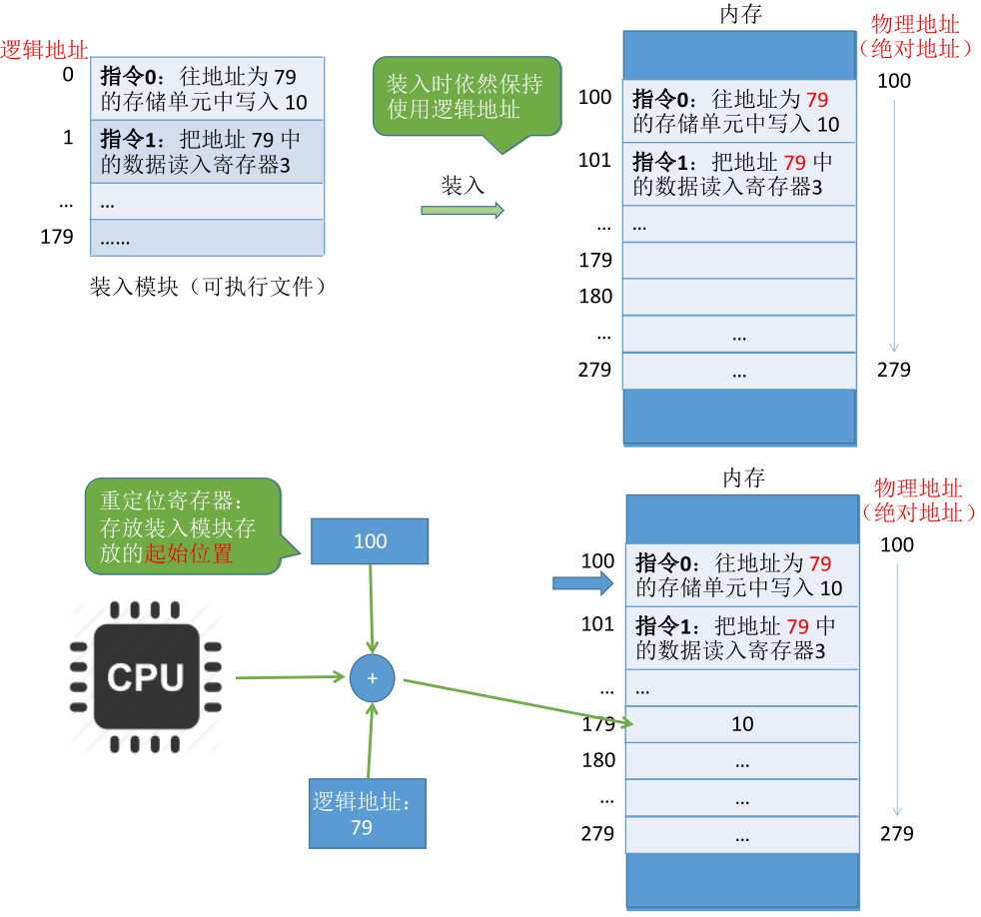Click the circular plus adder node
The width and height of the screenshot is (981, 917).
coord(373,677)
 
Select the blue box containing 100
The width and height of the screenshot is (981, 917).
coord(370,541)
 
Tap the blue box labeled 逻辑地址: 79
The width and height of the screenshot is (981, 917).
coord(367,813)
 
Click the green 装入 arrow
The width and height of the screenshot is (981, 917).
coord(462,210)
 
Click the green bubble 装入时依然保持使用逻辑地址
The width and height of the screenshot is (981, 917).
coord(466,96)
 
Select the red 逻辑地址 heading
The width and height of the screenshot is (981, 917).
coord(45,48)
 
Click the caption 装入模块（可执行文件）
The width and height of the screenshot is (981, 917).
coord(209,288)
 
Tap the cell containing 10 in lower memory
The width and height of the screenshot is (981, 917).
coord(741,724)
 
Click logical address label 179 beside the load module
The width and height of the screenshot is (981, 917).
coord(57,237)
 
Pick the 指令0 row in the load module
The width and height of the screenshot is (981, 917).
coord(207,89)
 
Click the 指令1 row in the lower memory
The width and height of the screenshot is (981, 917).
coord(742,638)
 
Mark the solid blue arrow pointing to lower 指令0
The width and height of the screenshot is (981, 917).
coord(581,583)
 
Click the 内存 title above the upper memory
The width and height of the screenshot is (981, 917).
coord(741,15)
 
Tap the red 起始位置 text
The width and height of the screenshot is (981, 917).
coord(189,554)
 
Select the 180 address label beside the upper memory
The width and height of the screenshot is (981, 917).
coord(595,297)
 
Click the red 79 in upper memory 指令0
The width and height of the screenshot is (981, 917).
coord(817,99)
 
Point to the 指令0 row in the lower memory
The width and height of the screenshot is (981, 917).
coord(742,575)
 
